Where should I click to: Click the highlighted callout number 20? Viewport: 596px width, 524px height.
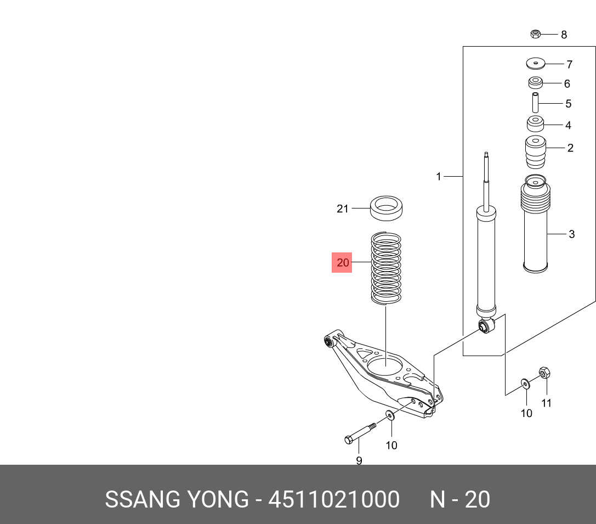click(x=342, y=263)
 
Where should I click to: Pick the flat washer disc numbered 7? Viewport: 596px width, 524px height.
click(x=536, y=64)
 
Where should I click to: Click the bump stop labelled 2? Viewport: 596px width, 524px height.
click(x=536, y=153)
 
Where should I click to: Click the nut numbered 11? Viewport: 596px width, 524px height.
click(x=544, y=373)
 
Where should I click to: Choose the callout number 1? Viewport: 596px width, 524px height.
click(x=439, y=177)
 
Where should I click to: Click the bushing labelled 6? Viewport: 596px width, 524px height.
click(x=535, y=83)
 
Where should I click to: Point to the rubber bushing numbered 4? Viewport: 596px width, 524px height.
click(x=536, y=125)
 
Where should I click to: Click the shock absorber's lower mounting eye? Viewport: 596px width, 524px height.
click(x=486, y=326)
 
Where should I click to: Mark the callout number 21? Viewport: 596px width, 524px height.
click(x=342, y=209)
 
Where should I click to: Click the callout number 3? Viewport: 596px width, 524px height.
click(x=571, y=234)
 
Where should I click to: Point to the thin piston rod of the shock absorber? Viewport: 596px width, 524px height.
click(x=486, y=181)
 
